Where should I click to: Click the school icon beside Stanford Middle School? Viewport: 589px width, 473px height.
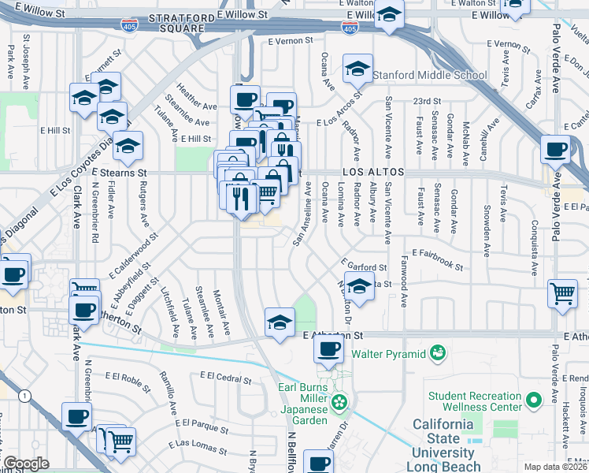pyautogui.click(x=357, y=69)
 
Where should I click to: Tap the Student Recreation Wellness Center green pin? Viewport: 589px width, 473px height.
pyautogui.click(x=535, y=400)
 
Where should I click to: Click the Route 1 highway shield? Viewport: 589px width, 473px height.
pyautogui.click(x=28, y=395)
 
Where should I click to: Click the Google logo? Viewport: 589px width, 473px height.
pyautogui.click(x=25, y=464)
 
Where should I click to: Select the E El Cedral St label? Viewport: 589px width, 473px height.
pyautogui.click(x=225, y=377)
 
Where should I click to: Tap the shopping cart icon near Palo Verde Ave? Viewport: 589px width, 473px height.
pyautogui.click(x=563, y=293)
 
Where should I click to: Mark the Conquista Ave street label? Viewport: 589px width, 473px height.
pyautogui.click(x=535, y=251)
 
